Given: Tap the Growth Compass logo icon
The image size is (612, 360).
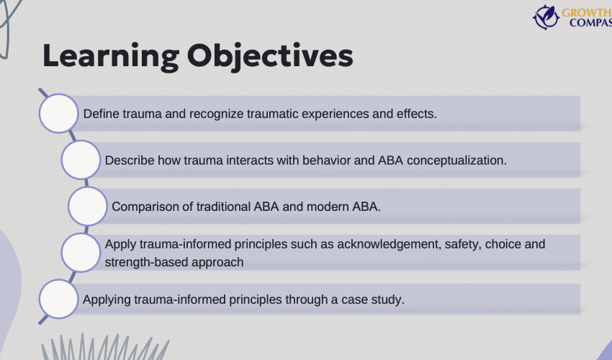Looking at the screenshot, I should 546,17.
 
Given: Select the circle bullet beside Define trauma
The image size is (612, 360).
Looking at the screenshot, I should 58,114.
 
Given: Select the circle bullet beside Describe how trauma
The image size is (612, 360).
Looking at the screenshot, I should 81,160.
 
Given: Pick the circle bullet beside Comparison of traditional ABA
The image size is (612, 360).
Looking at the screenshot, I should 88,206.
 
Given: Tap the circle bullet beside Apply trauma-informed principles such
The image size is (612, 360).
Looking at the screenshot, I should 81,253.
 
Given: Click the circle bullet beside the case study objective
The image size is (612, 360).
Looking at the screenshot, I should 58,299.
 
